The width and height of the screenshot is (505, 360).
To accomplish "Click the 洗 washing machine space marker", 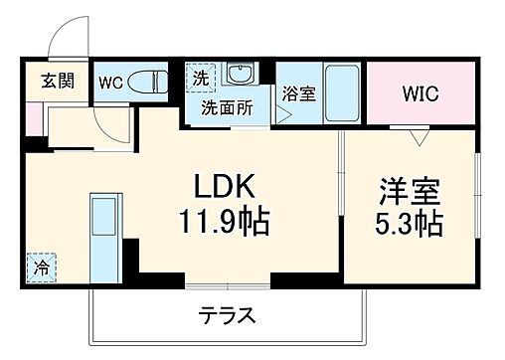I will click(199, 77).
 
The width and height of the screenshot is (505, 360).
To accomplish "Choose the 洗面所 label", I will click(228, 107).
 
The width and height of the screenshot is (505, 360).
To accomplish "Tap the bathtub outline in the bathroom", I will click(342, 93).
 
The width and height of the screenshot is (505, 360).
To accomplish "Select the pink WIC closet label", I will click(420, 94).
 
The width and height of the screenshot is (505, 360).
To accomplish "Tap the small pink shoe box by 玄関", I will click(33, 116).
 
